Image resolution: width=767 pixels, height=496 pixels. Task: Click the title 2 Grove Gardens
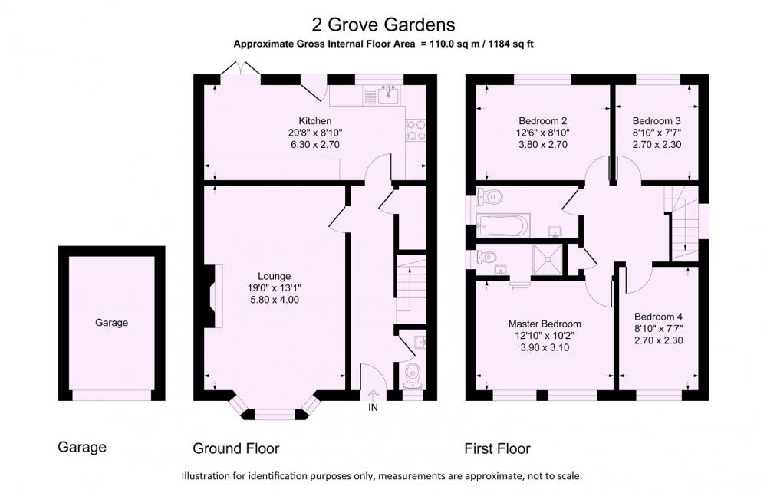point(383,24)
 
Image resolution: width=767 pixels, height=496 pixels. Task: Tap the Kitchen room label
point(315,121)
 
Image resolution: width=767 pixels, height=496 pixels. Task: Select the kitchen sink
point(388,94)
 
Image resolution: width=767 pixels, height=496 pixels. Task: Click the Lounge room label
point(275,277)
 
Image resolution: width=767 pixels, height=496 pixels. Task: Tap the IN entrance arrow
point(374,396)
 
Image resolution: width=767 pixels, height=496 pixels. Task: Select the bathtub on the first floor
point(503,225)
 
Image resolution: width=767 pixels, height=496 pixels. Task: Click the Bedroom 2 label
point(543,121)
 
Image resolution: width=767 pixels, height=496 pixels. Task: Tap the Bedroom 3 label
point(657,121)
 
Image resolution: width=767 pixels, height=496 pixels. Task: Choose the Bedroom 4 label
point(658,317)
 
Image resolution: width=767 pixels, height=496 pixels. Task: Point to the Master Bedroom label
point(545,324)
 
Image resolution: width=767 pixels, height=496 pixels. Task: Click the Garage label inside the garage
point(111,323)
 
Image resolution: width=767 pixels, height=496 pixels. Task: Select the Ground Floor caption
point(235,448)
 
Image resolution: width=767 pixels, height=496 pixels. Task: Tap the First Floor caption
point(498,448)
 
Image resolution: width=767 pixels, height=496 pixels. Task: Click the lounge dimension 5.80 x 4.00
point(275,300)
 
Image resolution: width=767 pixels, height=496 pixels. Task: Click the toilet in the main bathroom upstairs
point(490,198)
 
